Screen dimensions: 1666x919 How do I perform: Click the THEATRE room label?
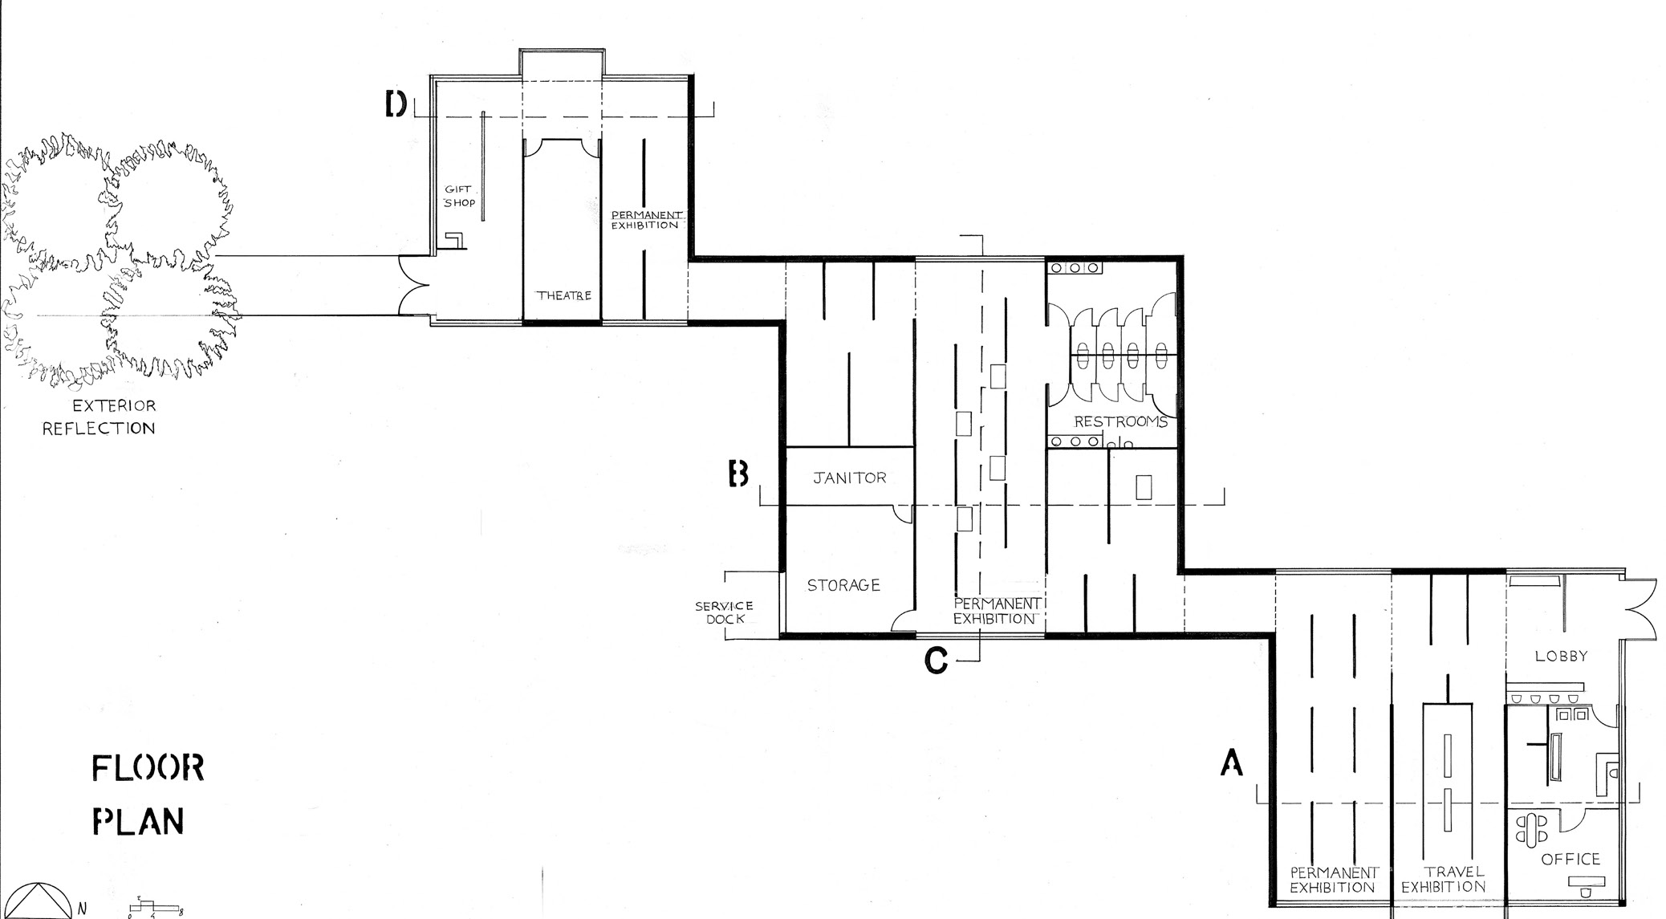coord(564,295)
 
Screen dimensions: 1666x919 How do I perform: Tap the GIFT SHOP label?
coord(460,196)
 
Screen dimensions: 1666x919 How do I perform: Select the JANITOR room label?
coord(850,478)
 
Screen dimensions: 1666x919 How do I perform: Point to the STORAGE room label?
coord(843,585)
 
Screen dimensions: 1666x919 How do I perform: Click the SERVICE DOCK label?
coord(724,612)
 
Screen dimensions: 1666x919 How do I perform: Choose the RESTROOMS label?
coord(1120,421)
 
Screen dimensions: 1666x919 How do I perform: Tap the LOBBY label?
coord(1562,656)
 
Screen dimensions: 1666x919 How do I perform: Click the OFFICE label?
coord(1571,859)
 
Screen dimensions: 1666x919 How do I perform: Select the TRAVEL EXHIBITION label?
coord(1444,879)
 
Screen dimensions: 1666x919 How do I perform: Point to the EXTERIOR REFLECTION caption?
coord(99,417)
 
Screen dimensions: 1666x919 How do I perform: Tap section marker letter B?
coord(738,474)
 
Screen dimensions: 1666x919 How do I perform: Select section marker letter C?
coord(936,660)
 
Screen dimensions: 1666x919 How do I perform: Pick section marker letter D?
coord(396,104)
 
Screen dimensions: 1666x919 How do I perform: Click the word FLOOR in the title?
coord(148,768)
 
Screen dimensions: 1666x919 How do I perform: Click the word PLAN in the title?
coord(138,821)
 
